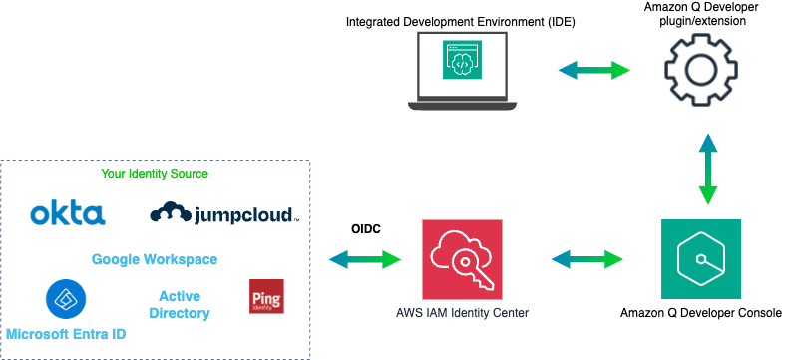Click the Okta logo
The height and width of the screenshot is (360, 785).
pos(67,213)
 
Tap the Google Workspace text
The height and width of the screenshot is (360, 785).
pos(155,259)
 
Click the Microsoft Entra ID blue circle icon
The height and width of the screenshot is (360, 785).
pos(66,298)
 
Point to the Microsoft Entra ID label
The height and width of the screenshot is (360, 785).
pos(66,332)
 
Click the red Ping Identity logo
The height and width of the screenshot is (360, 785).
pos(266,297)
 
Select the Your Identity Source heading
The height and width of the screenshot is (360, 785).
pos(155,174)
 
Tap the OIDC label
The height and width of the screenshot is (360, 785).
pos(364,228)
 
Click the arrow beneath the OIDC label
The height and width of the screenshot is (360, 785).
pos(364,259)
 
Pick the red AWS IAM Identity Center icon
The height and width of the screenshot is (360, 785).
pos(461,259)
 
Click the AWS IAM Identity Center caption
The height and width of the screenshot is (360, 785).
pos(461,314)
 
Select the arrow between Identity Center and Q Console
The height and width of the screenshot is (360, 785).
pos(589,259)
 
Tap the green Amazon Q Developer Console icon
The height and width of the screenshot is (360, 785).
pos(701,259)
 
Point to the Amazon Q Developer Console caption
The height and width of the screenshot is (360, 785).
pos(701,313)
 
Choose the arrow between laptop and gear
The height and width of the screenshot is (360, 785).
pos(593,70)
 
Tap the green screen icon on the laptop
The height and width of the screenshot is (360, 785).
pos(460,63)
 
